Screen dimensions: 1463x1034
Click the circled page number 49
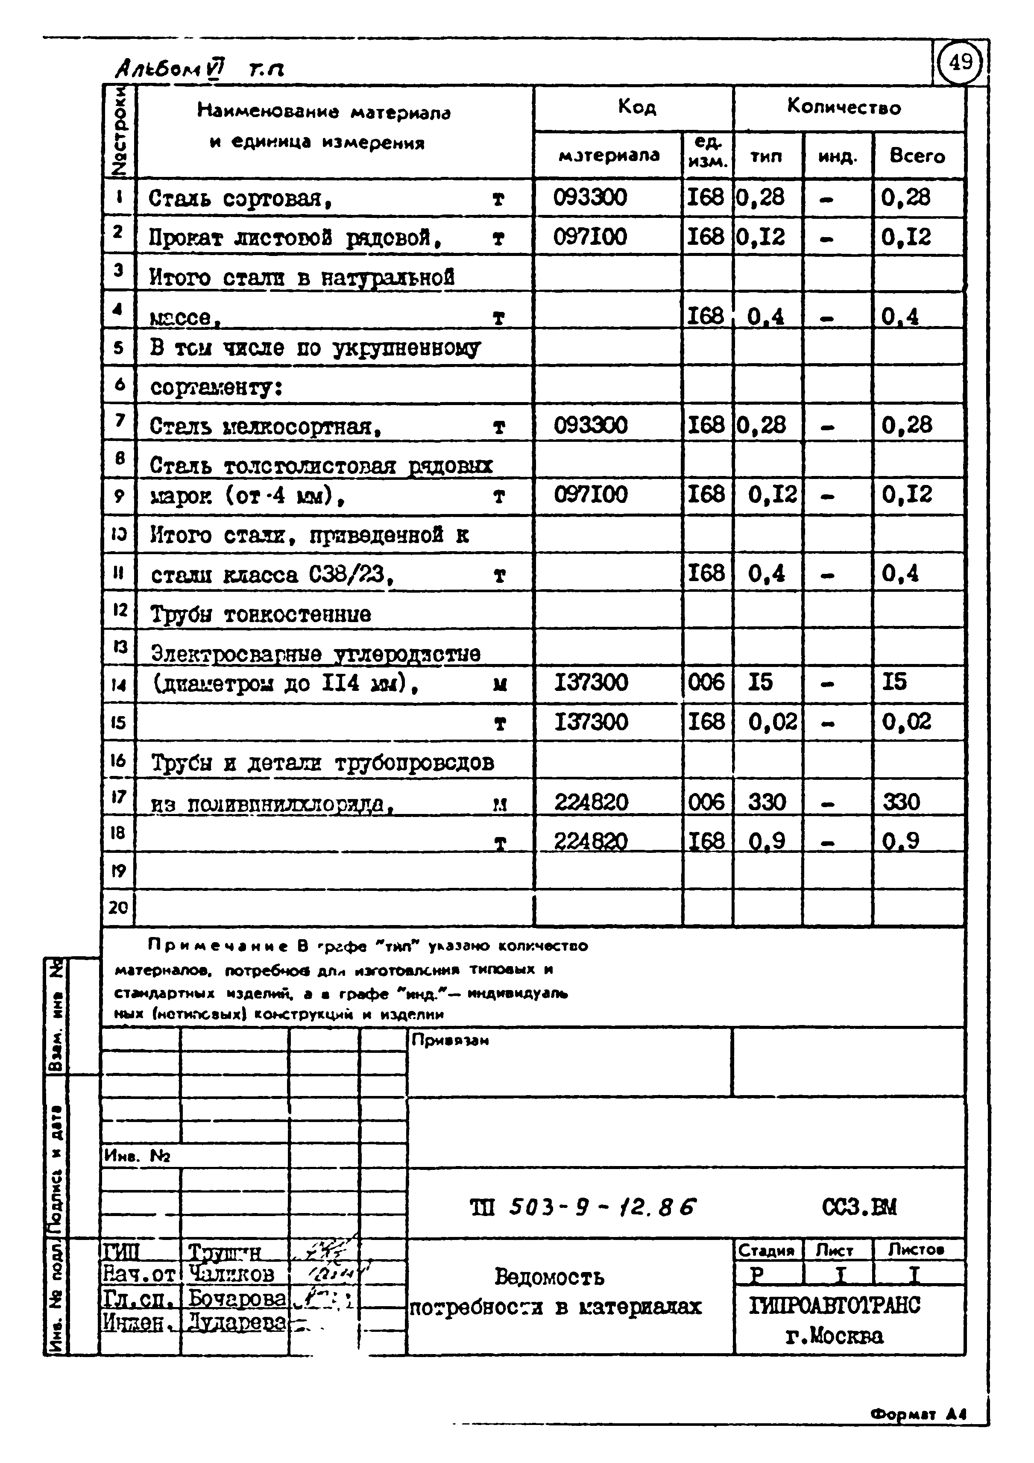(x=961, y=62)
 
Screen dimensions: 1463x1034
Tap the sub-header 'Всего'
(x=917, y=156)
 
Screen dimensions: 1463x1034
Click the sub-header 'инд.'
(x=837, y=156)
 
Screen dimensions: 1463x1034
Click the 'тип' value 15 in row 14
(x=760, y=682)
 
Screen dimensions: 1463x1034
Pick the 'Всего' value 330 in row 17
(x=901, y=802)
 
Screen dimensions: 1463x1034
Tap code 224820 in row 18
(x=591, y=841)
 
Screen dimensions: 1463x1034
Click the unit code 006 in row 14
(x=706, y=682)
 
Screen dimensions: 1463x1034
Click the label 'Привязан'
(x=450, y=1040)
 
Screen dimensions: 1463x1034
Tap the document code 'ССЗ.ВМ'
(x=859, y=1207)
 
